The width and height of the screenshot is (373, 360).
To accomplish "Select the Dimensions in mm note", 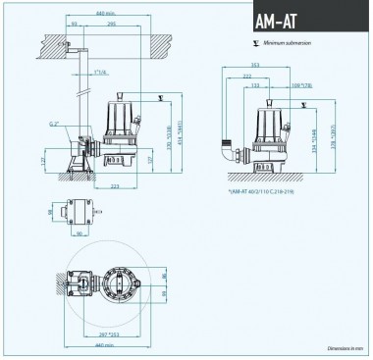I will point(346,349).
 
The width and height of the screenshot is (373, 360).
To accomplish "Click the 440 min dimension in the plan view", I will point(107,346).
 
